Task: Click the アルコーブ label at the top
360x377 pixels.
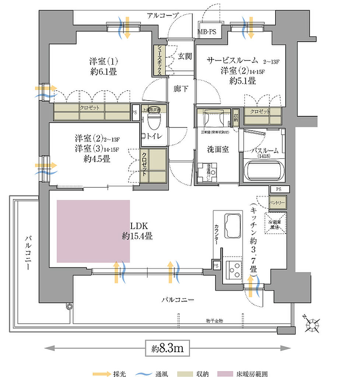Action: coord(162,15)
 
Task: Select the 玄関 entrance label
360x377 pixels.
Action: coord(185,56)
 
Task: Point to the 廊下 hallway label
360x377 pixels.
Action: coord(181,89)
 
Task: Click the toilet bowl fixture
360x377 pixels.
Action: coord(152,120)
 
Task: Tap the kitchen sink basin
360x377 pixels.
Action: coord(231,225)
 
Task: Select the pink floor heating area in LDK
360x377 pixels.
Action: coord(93,231)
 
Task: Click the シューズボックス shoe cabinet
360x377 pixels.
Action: coord(160,59)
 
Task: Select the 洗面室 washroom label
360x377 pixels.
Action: coord(218,149)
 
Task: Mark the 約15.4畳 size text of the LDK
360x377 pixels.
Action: coord(137,236)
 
